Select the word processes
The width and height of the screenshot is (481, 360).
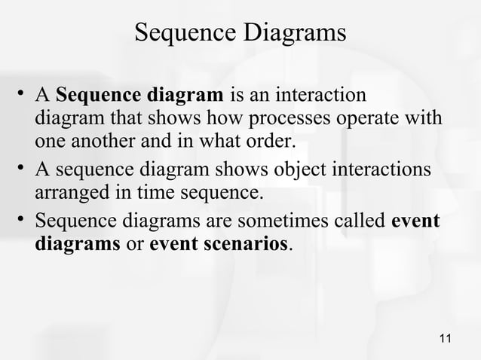(x=292, y=119)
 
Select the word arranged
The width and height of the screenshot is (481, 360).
(x=72, y=193)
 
